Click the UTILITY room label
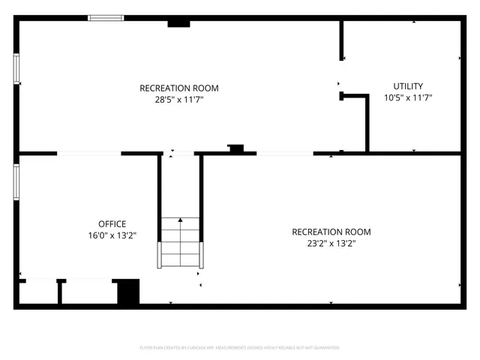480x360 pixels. coord(408,86)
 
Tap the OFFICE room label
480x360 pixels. coord(112,223)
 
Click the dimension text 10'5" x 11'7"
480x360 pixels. coord(408,97)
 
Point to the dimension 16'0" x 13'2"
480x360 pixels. coord(112,235)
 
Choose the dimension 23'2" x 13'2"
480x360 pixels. coord(331,243)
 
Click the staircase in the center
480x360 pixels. coord(180,242)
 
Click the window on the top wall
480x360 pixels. coord(106,18)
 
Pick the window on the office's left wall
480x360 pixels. coord(16,182)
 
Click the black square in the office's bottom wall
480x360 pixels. coord(128,291)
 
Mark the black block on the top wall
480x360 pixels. coord(178,24)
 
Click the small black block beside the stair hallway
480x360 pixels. coord(236,149)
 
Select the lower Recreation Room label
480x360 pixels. coord(331,232)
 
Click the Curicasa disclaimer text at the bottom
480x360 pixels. coord(240,348)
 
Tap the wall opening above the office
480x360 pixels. coord(89,154)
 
